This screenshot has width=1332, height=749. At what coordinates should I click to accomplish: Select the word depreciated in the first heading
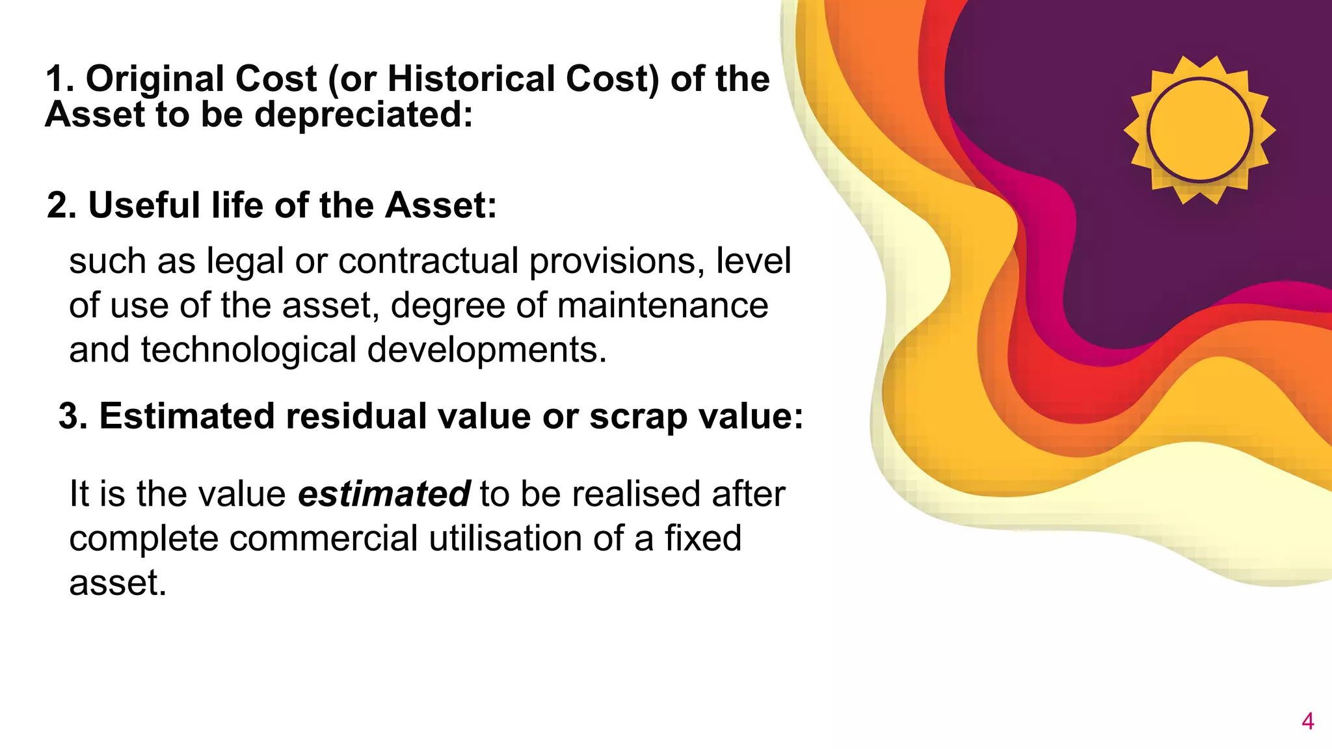[x=362, y=115]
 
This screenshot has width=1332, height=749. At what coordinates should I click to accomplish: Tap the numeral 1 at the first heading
[x=58, y=79]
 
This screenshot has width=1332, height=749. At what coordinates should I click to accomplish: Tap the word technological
[x=248, y=350]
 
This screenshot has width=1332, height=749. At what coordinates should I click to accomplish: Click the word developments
[x=486, y=350]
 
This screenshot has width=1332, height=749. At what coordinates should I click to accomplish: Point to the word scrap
[x=638, y=416]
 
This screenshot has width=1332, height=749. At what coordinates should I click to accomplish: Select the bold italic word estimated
[x=384, y=494]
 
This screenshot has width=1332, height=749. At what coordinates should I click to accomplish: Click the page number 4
[x=1308, y=721]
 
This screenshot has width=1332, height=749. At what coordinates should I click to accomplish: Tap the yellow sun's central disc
[x=1199, y=130]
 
